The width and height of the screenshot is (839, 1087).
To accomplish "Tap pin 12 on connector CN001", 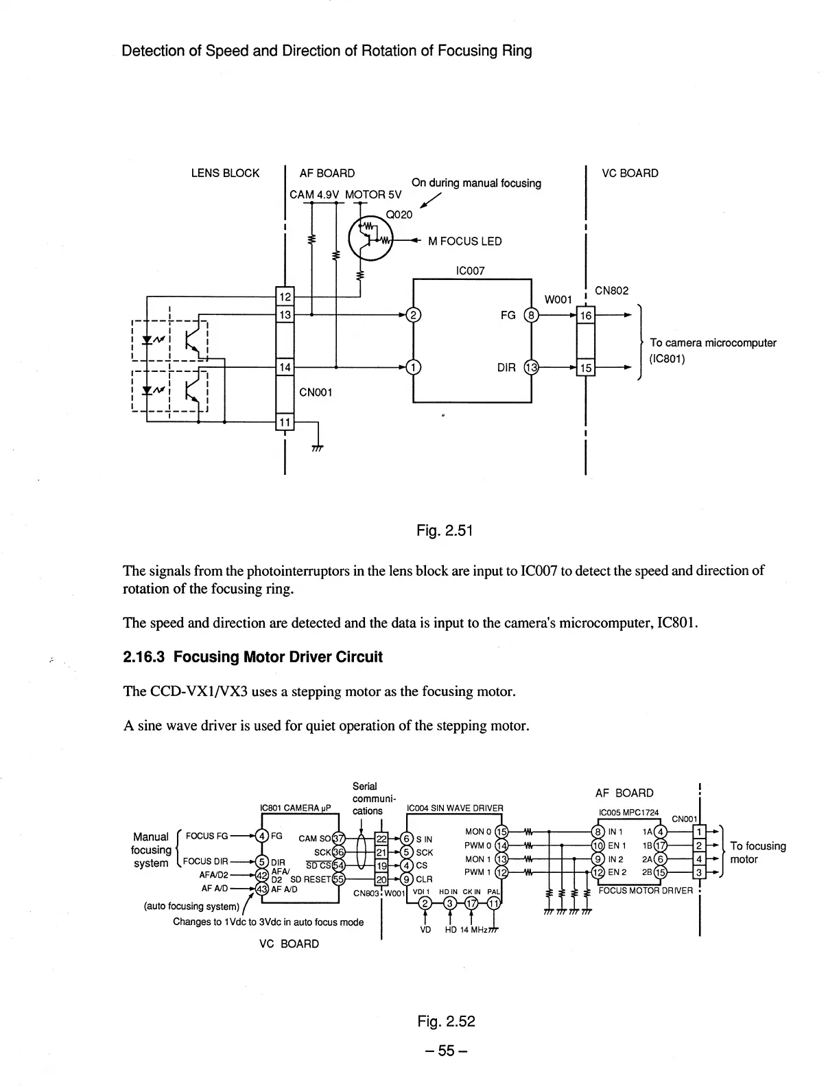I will (284, 296).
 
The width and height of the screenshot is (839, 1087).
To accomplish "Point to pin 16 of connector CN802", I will (586, 315).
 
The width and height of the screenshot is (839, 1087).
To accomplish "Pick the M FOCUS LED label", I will (464, 241).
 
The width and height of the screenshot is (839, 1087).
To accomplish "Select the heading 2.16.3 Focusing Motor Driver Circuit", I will (252, 657).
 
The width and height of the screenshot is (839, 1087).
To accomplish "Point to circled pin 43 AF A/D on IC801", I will (261, 888).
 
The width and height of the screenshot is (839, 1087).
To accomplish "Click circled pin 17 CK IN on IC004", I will (471, 903).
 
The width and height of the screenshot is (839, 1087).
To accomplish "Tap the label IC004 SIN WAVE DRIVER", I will (455, 808).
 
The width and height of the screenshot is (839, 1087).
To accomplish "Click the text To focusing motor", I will (757, 852).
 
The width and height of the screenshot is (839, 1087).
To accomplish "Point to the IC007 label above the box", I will (470, 270).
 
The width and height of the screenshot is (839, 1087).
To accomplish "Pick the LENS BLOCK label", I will (225, 173).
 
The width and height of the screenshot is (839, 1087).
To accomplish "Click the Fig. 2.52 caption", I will (446, 1021).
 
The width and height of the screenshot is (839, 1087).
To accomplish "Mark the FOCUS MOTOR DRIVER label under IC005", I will (645, 891).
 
